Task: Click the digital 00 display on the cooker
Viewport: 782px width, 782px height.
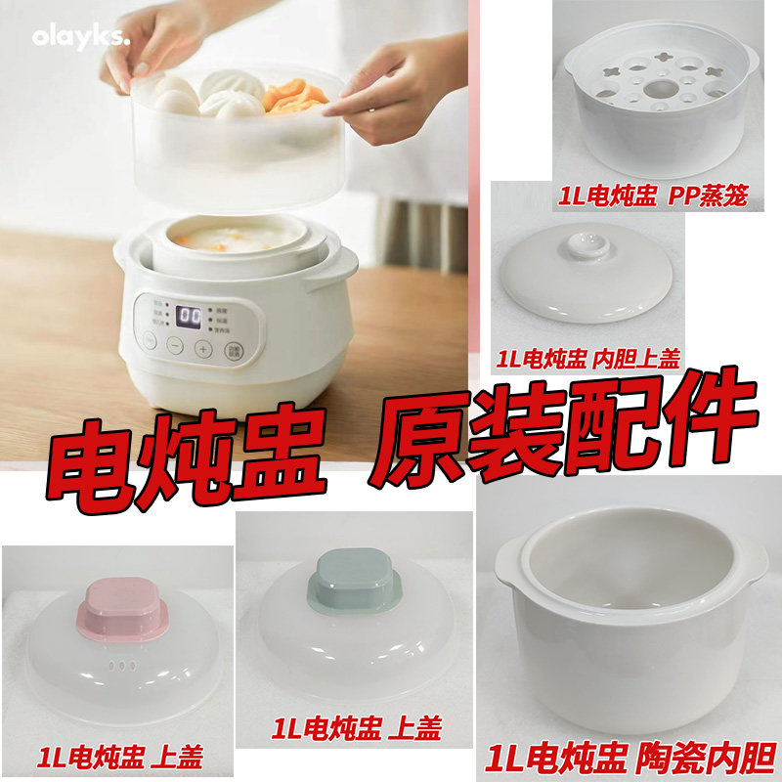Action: (x=189, y=318)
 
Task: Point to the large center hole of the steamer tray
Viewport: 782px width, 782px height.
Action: (x=657, y=91)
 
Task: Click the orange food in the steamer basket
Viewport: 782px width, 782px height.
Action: (x=293, y=97)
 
